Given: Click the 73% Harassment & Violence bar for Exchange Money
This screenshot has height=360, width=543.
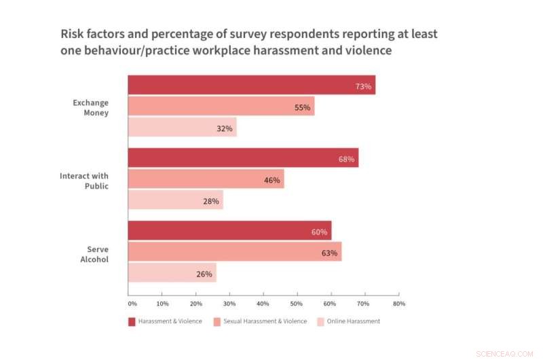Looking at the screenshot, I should (x=251, y=86).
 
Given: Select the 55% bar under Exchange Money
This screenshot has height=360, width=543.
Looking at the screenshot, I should (x=221, y=107).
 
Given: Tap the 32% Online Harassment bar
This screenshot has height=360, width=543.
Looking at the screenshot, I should (x=182, y=128).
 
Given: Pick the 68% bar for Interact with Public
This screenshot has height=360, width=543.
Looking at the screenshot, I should (x=243, y=159).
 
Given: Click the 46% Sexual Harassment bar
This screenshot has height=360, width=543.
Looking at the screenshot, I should (x=206, y=180).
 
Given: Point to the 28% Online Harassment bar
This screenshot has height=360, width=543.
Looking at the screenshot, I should (x=175, y=200).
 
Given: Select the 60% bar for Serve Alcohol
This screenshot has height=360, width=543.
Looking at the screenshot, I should (x=229, y=231).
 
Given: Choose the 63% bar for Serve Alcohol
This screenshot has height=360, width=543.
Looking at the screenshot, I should (x=235, y=252).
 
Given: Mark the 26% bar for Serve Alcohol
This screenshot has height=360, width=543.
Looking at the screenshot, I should (x=172, y=273).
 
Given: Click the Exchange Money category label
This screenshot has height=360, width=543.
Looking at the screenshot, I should (x=91, y=108).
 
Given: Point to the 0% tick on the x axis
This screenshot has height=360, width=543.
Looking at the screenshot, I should (x=132, y=304).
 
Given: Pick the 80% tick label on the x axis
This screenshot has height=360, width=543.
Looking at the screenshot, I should (x=398, y=304).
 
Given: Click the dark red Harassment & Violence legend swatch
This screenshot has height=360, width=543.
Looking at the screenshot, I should (x=132, y=321).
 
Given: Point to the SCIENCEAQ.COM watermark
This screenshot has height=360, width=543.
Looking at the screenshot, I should (x=504, y=354).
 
